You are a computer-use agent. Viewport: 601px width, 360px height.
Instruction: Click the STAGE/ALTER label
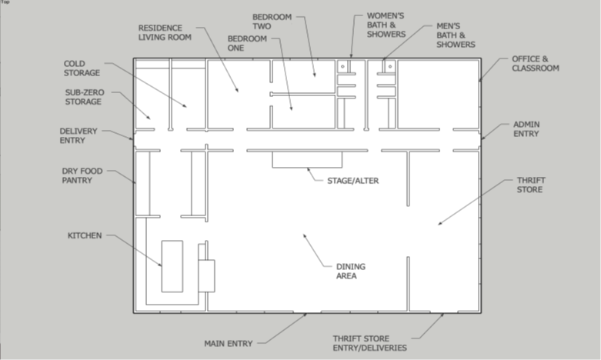coord(352,181)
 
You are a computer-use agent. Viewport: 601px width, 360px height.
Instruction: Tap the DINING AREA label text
coord(351,271)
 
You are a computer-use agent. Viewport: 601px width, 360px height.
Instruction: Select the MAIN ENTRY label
coord(229,344)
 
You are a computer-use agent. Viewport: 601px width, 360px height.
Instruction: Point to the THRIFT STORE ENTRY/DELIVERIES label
coord(370,343)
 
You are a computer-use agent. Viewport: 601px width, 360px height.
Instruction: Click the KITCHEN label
coord(85,235)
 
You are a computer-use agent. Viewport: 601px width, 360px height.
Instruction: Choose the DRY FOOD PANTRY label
coord(82,175)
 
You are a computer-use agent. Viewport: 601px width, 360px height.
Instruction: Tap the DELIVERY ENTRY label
coord(78,135)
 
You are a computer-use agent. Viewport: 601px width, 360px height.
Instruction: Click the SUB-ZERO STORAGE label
coord(85,97)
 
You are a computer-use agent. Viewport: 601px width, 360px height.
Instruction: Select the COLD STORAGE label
coord(82,68)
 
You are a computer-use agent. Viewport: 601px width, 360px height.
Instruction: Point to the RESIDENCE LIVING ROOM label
coord(165,32)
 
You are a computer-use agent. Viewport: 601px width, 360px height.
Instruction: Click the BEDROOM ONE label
coord(247,43)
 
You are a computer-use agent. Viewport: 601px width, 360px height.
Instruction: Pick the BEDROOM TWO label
coord(272,22)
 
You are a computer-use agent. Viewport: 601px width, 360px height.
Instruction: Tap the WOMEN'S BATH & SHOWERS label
coord(386,25)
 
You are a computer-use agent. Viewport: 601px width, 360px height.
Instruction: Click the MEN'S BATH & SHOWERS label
coord(456,35)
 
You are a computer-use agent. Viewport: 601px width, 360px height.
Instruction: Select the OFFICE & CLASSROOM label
coord(536,64)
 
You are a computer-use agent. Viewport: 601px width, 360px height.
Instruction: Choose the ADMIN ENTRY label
coord(526,129)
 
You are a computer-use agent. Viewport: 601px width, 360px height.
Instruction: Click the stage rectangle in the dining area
coord(307,159)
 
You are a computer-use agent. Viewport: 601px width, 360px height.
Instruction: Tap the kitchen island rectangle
coord(172,266)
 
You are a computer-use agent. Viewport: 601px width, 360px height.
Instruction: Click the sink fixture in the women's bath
coord(342,66)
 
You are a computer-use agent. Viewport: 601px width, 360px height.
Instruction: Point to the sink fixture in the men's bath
coord(390,66)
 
